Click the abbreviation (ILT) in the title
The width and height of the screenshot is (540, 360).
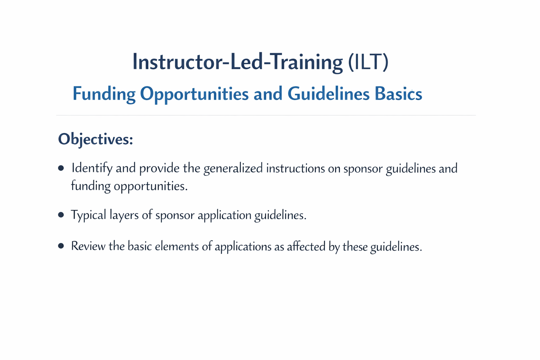pyautogui.click(x=368, y=62)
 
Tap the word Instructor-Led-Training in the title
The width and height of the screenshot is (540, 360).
pyautogui.click(x=237, y=62)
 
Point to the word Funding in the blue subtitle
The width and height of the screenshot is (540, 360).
pyautogui.click(x=104, y=94)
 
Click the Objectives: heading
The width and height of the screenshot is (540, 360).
pyautogui.click(x=96, y=139)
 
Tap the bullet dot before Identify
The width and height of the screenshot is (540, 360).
pyautogui.click(x=61, y=168)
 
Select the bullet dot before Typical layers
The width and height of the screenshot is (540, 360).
pyautogui.click(x=61, y=215)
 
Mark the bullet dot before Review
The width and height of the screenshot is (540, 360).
pyautogui.click(x=61, y=246)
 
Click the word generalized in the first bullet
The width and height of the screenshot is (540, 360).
pyautogui.click(x=233, y=169)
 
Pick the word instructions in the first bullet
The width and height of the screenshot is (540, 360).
pyautogui.click(x=295, y=168)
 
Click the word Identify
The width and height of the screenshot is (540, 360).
pyautogui.click(x=91, y=169)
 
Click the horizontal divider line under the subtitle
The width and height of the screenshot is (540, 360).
pyautogui.click(x=266, y=115)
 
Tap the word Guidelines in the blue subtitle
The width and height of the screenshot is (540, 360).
pyautogui.click(x=328, y=94)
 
